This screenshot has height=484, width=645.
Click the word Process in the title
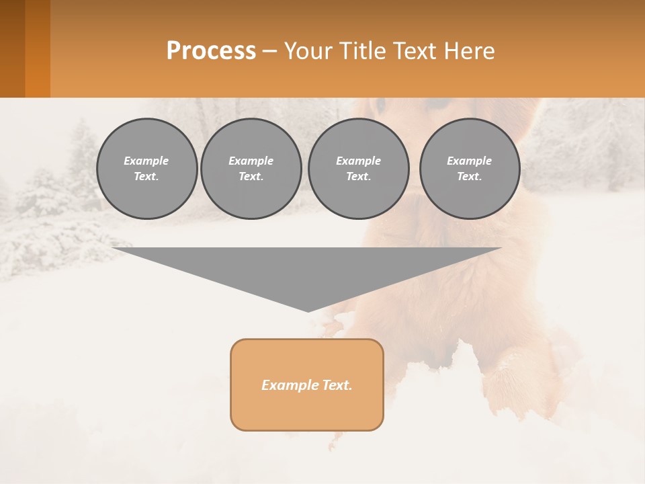[x=211, y=50]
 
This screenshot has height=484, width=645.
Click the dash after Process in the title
[x=269, y=52]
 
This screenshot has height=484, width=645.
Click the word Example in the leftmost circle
[x=146, y=161]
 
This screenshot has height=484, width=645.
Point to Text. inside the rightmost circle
[x=469, y=176]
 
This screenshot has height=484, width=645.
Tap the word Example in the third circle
[x=358, y=161]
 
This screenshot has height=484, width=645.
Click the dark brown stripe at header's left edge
[x=12, y=48]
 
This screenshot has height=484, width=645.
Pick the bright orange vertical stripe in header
[x=38, y=48]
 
